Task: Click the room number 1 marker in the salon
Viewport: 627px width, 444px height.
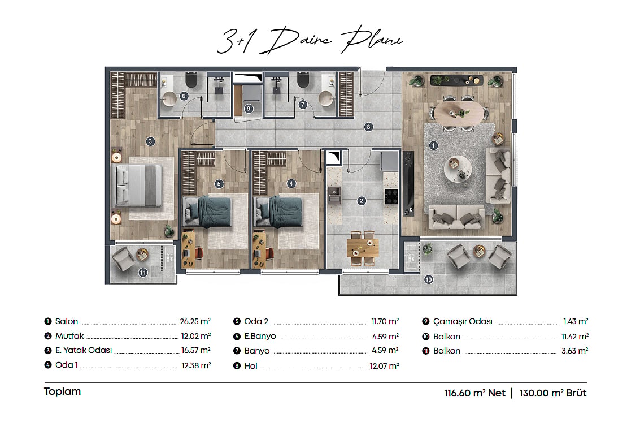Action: [433, 146]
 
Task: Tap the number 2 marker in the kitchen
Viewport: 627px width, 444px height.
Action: [362, 201]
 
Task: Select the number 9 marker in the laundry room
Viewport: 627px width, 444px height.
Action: [249, 109]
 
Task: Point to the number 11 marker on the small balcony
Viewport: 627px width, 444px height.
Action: [143, 273]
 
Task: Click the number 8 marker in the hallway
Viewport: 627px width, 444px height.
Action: [368, 127]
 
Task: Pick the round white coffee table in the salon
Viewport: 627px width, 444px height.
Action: [458, 169]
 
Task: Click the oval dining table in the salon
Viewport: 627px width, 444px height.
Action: [459, 113]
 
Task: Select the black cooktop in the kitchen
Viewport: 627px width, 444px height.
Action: [391, 196]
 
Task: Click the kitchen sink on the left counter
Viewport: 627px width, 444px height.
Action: [334, 195]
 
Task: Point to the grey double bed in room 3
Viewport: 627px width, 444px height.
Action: [138, 186]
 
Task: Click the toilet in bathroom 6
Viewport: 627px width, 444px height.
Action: [191, 80]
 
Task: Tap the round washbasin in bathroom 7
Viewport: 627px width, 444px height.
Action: [326, 98]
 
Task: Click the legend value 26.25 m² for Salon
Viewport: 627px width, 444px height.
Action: [195, 321]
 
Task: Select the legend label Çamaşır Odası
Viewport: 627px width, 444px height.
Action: [463, 321]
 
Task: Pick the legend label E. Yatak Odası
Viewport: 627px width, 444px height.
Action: [84, 350]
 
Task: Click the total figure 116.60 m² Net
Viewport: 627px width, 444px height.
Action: [474, 393]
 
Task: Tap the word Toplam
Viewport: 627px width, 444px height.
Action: [62, 391]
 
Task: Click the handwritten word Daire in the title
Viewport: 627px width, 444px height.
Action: [296, 40]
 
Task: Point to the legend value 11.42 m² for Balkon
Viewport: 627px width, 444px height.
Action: [574, 337]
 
